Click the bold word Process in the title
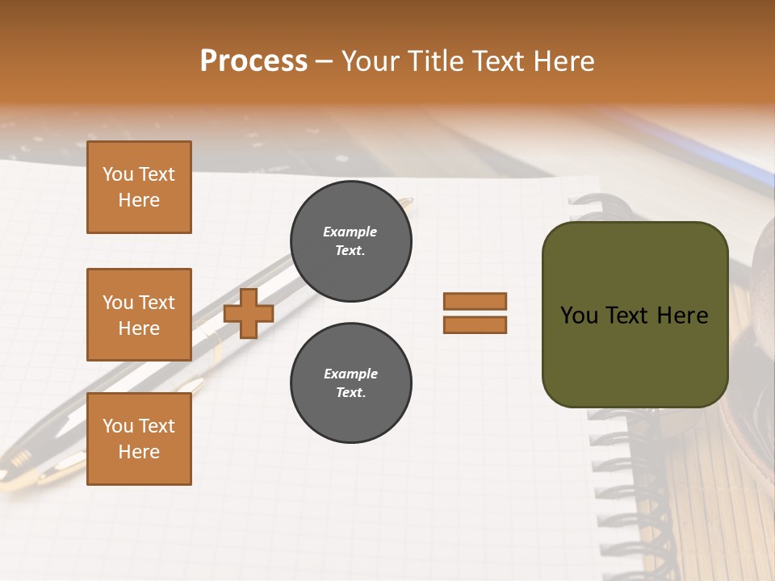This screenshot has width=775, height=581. pos(253,61)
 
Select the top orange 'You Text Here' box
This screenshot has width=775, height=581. pos(139,187)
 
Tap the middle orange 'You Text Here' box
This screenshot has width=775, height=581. pos(139,315)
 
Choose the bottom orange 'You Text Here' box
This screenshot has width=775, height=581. pos(139,439)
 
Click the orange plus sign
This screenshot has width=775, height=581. pos(249,313)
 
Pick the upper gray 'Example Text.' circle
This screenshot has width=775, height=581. pos(351,241)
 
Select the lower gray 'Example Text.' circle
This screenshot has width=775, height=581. pos(351,383)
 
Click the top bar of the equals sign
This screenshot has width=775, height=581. pos(475,301)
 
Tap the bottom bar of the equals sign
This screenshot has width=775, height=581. pos(475,325)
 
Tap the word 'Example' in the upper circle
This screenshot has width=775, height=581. pos(350,232)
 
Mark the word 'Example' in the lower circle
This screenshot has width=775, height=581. pos(350,374)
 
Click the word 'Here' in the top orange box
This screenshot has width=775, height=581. pos(139,200)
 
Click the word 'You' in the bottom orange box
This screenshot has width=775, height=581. pos(117,426)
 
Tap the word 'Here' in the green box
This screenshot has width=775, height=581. pos(682,316)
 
